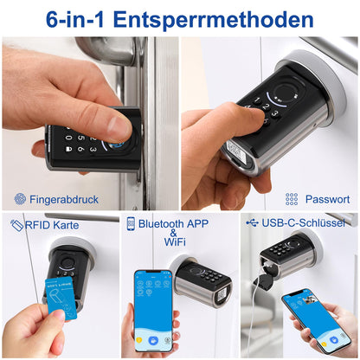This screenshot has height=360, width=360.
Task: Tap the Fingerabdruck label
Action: [64, 199]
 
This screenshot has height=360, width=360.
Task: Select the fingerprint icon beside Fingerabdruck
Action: [20, 199]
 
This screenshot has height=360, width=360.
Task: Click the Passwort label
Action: [327, 199]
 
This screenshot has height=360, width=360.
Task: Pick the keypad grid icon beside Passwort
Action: [292, 199]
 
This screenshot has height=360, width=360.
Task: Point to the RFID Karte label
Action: [51, 225]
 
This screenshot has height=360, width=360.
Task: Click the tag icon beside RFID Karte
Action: [16, 225]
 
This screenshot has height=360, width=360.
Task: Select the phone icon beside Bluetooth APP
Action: [131, 223]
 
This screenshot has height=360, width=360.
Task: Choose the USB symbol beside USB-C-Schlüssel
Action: [252, 222]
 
